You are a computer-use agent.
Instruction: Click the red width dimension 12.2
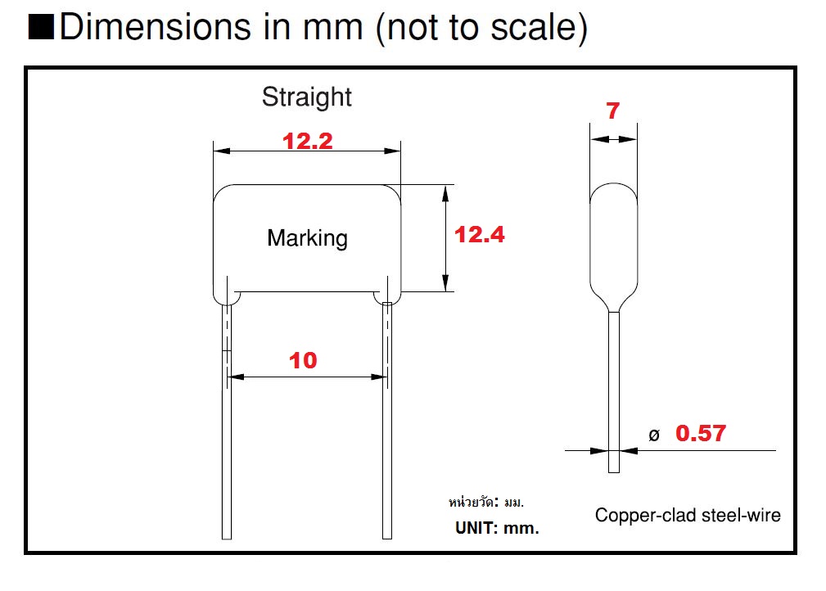coord(307,141)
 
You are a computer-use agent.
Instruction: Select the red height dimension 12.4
coord(480,235)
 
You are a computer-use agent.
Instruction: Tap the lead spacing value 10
coord(303,360)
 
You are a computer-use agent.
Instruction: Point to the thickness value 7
coord(613,111)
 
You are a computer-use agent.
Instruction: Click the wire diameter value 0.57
coord(700,433)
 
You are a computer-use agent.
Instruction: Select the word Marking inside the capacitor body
coord(307,238)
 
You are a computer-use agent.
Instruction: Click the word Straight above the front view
coord(307,97)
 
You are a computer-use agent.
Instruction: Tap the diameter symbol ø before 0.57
coord(653,435)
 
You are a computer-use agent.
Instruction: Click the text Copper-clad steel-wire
coord(688,515)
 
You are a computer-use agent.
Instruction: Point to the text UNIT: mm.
coord(497,528)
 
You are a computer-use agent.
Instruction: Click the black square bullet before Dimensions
coord(41,28)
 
